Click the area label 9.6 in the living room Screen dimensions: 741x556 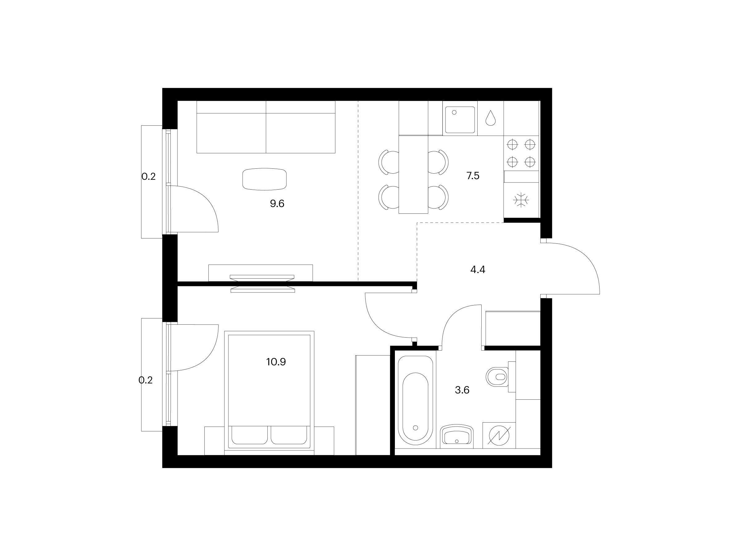pyautogui.click(x=277, y=204)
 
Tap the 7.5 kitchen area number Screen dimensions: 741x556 pyautogui.click(x=473, y=176)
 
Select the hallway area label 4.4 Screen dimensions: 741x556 pyautogui.click(x=478, y=269)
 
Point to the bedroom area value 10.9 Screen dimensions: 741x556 pyautogui.click(x=276, y=362)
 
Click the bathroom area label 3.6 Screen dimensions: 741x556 pyautogui.click(x=462, y=390)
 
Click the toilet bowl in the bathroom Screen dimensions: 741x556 pyautogui.click(x=497, y=377)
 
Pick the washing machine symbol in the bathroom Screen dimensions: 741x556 pyautogui.click(x=499, y=435)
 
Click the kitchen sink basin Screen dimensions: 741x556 pyautogui.click(x=460, y=120)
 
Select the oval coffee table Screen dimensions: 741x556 pyautogui.click(x=264, y=179)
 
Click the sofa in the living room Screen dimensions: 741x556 pyautogui.click(x=266, y=127)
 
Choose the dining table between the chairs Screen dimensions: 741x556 pyautogui.click(x=413, y=174)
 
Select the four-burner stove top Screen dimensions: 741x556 pyautogui.click(x=521, y=153)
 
